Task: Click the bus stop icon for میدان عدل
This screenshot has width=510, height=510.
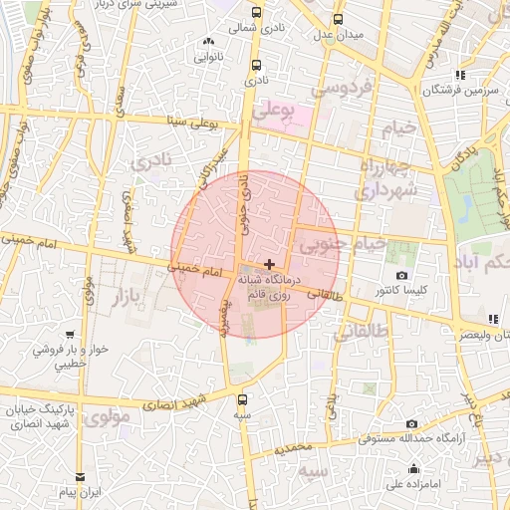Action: point(339,19)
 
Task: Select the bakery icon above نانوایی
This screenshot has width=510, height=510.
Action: point(209,42)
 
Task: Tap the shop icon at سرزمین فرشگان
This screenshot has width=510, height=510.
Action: point(459,75)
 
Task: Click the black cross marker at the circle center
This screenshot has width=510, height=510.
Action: point(270,263)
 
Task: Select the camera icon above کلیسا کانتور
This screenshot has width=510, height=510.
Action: point(401,275)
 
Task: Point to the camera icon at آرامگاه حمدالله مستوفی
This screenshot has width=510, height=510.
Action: point(412,424)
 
